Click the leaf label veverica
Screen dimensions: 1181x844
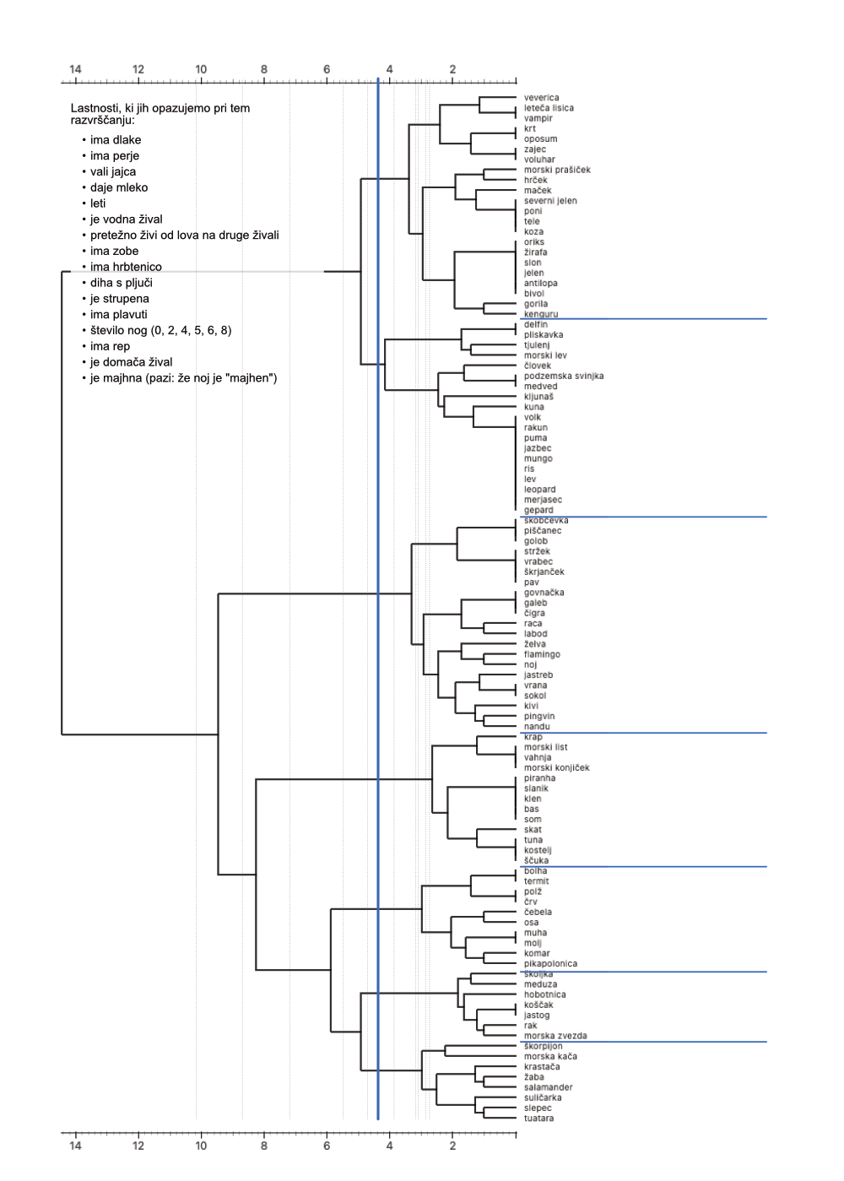point(541,98)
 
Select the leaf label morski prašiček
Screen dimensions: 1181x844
point(557,170)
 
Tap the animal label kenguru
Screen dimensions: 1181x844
point(541,314)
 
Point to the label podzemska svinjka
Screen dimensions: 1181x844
point(563,376)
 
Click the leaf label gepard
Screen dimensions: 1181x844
point(538,510)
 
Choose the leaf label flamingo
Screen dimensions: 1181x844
point(542,654)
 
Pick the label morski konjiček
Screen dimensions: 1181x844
point(556,767)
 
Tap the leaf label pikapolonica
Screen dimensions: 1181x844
point(550,963)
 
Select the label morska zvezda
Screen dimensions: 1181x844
point(555,1036)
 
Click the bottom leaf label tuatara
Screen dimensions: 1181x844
point(538,1119)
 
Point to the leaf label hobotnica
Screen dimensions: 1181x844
point(544,994)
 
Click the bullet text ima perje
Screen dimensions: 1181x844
point(115,156)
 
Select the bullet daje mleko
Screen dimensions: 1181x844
point(119,187)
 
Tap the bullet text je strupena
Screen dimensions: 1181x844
point(120,299)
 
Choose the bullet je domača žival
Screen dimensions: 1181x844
point(131,362)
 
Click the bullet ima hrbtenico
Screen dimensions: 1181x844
point(126,267)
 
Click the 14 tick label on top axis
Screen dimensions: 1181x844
point(75,69)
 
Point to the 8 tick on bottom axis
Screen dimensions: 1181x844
point(264,1146)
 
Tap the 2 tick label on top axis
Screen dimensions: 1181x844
point(452,69)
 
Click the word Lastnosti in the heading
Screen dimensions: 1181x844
point(95,108)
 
